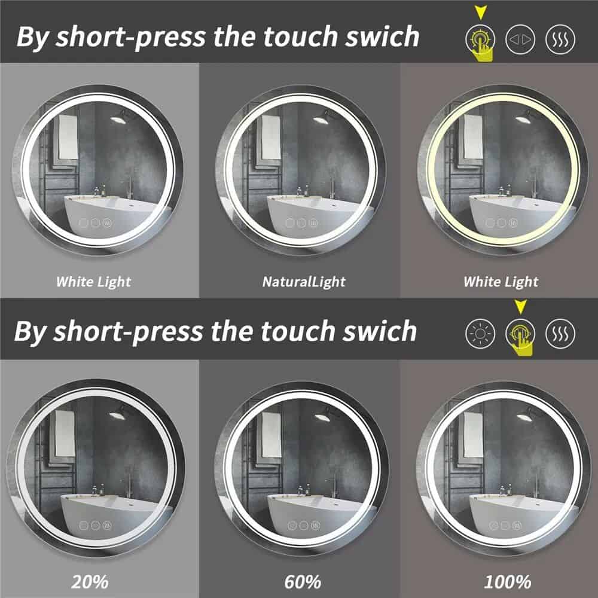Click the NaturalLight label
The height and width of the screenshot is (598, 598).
303,281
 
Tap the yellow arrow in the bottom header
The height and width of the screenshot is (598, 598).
520,307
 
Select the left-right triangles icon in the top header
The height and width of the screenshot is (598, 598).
519,39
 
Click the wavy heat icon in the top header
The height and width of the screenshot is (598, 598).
560,39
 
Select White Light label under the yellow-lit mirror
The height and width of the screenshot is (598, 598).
501,281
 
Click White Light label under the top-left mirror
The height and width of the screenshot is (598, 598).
93,281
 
